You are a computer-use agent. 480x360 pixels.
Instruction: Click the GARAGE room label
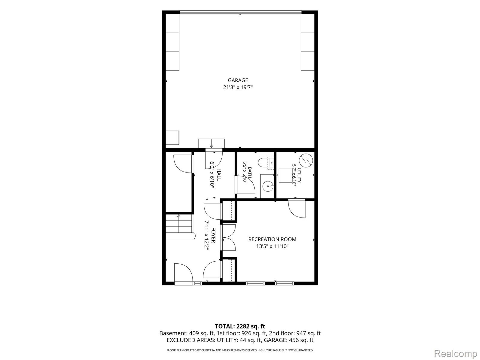(x=238, y=80)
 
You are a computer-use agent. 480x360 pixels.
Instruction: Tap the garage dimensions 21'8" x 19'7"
(x=238, y=87)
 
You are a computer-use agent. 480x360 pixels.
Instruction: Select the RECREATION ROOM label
(x=272, y=239)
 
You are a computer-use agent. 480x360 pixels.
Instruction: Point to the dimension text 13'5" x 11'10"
(x=272, y=246)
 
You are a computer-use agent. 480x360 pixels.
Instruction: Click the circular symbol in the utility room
(x=306, y=160)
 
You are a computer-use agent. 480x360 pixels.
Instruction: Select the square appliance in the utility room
(x=285, y=175)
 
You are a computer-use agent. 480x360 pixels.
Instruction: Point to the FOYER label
(x=213, y=235)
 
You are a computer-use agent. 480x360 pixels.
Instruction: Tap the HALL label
(x=219, y=174)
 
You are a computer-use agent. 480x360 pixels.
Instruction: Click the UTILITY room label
(x=299, y=175)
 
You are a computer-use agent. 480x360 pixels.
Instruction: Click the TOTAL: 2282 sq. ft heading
(x=240, y=326)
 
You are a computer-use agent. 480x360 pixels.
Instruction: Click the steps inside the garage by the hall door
(x=211, y=144)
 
